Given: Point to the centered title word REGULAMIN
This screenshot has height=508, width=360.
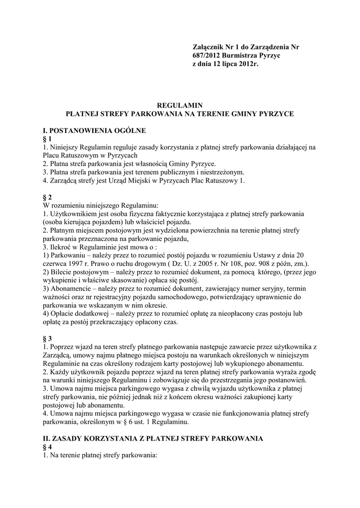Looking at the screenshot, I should pos(180,105).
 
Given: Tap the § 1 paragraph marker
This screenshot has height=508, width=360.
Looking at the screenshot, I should pos(47,139).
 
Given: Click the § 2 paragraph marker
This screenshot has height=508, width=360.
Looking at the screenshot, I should pos(47,197).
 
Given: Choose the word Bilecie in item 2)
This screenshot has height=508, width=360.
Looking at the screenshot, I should pos(62,271).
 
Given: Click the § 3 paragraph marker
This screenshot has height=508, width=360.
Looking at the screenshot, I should pos(47,338).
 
